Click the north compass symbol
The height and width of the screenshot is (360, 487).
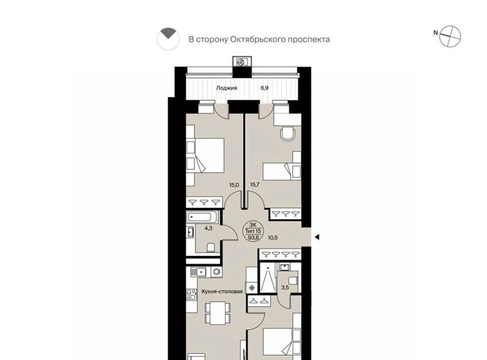pos(450,37)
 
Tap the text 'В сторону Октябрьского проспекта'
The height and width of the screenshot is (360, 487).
pos(259,40)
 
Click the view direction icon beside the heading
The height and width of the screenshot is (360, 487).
pos(168,39)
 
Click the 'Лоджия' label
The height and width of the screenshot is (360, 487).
pos(226,88)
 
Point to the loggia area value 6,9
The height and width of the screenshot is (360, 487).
pos(264,88)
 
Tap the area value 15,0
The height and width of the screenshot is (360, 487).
pos(234,185)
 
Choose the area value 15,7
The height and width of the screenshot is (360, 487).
pos(255,185)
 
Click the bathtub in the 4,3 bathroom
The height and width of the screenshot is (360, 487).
pos(202,217)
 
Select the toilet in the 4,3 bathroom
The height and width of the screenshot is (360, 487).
pos(211,247)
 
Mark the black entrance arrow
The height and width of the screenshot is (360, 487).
pos(317,237)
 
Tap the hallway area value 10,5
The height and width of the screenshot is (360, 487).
pos(272,238)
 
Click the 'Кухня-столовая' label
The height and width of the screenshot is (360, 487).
pos(222,292)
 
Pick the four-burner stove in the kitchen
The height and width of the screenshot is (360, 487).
pos(191,295)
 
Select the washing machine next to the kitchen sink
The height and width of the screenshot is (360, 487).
pos(216,272)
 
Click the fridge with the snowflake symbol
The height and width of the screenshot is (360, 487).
pos(251,287)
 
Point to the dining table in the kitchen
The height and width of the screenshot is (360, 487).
pos(218,313)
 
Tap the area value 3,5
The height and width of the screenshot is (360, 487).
pos(285,287)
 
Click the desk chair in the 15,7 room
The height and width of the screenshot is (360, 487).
pos(288,134)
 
